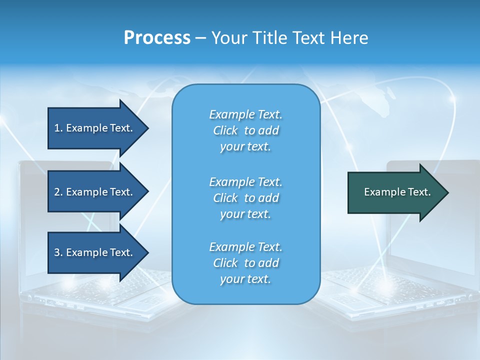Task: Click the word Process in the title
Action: click(157, 38)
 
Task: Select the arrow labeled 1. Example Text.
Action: click(95, 128)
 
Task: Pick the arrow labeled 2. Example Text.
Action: click(95, 192)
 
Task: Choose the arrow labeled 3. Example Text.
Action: click(95, 252)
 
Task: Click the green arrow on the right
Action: click(395, 192)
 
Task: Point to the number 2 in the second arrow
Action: click(57, 192)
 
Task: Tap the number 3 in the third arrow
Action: click(57, 252)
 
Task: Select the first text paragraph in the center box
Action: click(245, 130)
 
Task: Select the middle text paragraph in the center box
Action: click(245, 198)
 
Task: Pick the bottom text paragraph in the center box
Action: click(245, 263)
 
